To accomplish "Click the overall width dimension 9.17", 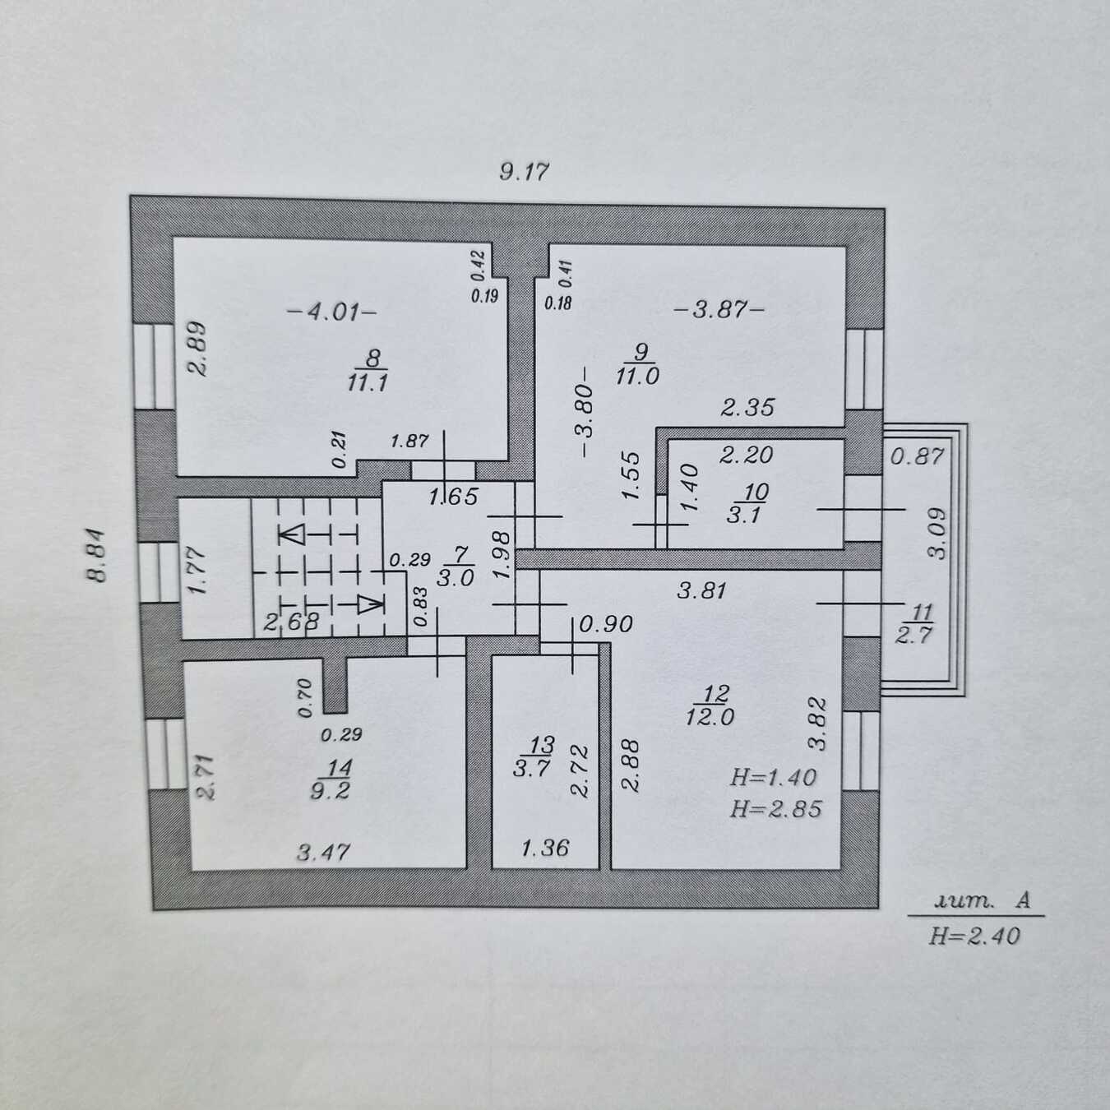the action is click(x=524, y=172).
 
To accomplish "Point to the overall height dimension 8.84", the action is click(x=97, y=556).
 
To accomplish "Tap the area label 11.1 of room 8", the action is click(x=367, y=382).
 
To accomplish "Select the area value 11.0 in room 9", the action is click(x=637, y=376).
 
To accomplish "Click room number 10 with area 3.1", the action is click(x=756, y=493).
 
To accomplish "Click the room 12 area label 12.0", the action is click(x=710, y=717).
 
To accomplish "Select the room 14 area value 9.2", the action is click(x=330, y=790).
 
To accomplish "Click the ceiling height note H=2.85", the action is click(x=775, y=809).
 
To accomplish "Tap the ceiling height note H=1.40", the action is click(x=773, y=778).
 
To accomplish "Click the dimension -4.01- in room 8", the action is click(x=332, y=312).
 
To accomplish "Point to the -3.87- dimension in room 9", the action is click(x=719, y=311).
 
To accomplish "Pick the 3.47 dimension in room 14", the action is click(x=323, y=852).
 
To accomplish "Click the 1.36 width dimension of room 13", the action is click(x=545, y=848).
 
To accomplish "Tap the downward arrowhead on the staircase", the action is click(x=370, y=605).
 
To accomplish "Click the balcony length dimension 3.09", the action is click(x=937, y=533).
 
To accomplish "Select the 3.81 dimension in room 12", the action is click(x=701, y=590).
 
